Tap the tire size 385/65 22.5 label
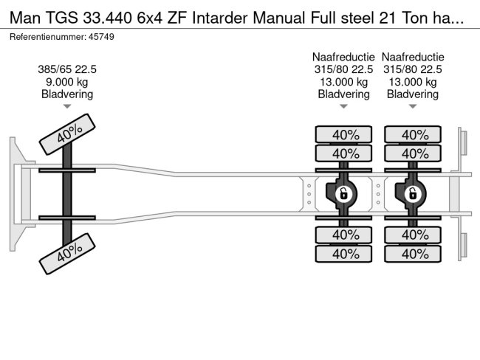[x=67, y=70]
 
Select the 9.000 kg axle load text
[x=67, y=82]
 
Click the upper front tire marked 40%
[x=69, y=135]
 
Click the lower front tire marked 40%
[x=69, y=252]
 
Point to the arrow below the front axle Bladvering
[x=67, y=107]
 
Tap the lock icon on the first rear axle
[x=343, y=194]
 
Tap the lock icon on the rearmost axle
[x=413, y=194]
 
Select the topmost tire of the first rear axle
[x=343, y=134]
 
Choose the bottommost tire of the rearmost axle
[x=413, y=254]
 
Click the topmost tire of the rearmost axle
[x=413, y=134]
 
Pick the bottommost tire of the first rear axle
[x=343, y=254]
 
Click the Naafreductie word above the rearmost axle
[x=413, y=57]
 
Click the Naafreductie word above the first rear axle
[x=343, y=57]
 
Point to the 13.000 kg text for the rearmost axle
[x=413, y=82]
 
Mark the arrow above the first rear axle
[x=343, y=107]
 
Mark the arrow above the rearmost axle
[x=413, y=107]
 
